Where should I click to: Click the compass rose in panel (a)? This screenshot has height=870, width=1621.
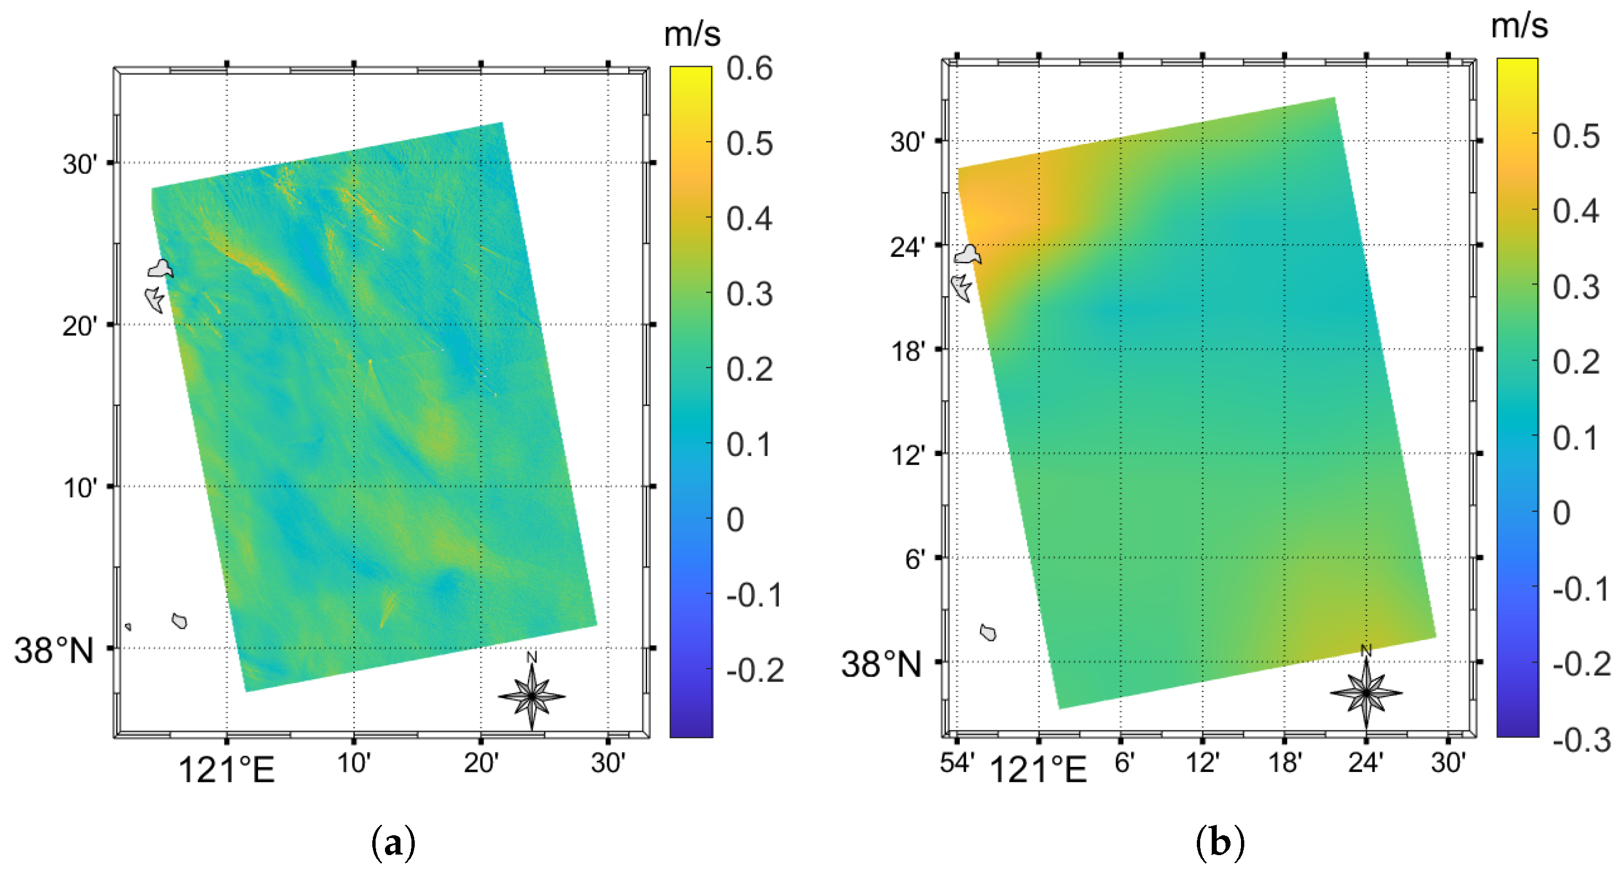pos(532,696)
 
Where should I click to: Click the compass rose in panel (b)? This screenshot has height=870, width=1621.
pos(1366,692)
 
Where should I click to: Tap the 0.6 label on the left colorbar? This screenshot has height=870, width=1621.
pos(749,68)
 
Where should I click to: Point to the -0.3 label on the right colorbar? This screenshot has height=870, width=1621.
pos(1581,740)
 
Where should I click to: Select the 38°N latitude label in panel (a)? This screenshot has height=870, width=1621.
pos(54,651)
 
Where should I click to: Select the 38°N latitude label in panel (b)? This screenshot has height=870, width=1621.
pos(881,664)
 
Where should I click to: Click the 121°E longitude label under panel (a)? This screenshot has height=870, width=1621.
pos(227,769)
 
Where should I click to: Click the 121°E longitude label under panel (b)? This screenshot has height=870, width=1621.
pos(1039,769)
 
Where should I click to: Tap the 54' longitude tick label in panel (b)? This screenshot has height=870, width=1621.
pos(956,763)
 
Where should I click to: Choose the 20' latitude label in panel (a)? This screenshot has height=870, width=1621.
pos(81,326)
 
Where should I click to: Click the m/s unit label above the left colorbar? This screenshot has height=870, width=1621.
pos(692,34)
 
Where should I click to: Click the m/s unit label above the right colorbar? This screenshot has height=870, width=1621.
pos(1519,26)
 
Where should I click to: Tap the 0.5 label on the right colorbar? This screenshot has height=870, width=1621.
pos(1575,137)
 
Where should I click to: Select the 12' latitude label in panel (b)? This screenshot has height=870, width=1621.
pos(907,455)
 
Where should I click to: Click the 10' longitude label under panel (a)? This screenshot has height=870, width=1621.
pos(354,763)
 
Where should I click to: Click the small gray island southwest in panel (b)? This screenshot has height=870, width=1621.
pos(988,632)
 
